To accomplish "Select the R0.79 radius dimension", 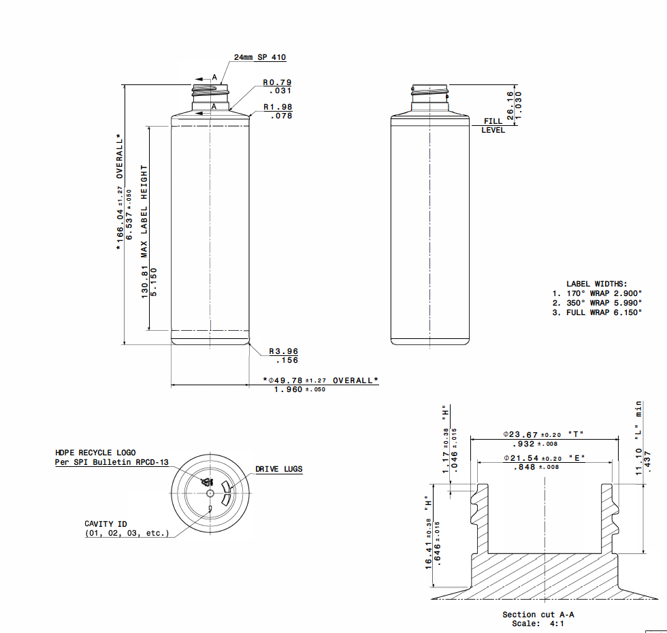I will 278,83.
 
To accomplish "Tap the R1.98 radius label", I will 278,108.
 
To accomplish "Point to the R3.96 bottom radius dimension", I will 283,352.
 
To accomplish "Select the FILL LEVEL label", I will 493,125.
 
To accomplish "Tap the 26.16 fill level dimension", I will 510,105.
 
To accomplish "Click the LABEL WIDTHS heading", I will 596,284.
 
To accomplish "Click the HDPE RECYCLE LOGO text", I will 95,453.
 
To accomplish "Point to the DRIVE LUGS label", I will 279,469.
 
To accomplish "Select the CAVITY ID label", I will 105,524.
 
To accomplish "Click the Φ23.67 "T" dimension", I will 543,434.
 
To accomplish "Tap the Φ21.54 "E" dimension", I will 543,458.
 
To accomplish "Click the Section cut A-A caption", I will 533,615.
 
